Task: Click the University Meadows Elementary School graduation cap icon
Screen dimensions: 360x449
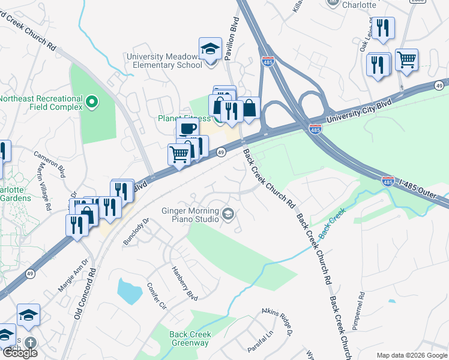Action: tap(211, 48)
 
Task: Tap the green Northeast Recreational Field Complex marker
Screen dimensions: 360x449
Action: tap(92, 103)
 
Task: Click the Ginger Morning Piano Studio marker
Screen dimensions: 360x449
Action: tap(228, 214)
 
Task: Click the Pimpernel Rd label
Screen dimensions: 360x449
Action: tap(361, 312)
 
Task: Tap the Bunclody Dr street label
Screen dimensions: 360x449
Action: tap(136, 230)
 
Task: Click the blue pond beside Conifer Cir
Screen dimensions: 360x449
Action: tap(129, 291)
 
